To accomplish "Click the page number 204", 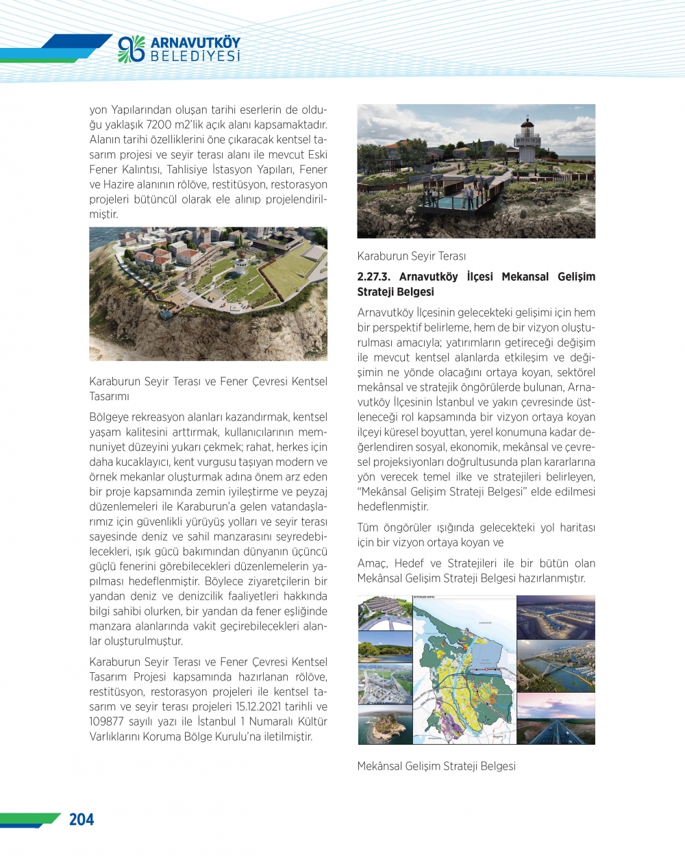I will (82, 819).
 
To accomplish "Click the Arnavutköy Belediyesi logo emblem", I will (132, 49).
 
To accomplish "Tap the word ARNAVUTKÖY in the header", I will (195, 42).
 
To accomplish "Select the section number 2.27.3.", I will (375, 277).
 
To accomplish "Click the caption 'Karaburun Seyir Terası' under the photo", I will (411, 256).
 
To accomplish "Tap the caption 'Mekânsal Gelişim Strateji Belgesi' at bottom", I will (436, 766).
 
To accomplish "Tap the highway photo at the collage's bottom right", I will (556, 719).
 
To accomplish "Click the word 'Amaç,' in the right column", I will (373, 563).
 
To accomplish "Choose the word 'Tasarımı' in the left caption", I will (109, 397).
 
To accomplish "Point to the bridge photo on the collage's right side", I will (556, 666).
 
